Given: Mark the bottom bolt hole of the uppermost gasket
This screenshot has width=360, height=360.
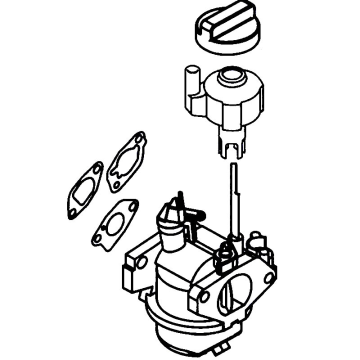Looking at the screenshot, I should (x=116, y=185).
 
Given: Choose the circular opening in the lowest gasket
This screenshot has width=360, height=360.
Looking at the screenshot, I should (x=116, y=222).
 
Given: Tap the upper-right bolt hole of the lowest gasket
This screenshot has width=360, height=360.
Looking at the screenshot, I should (x=131, y=205).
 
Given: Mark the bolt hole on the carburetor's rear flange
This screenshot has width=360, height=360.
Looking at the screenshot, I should (x=141, y=263).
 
